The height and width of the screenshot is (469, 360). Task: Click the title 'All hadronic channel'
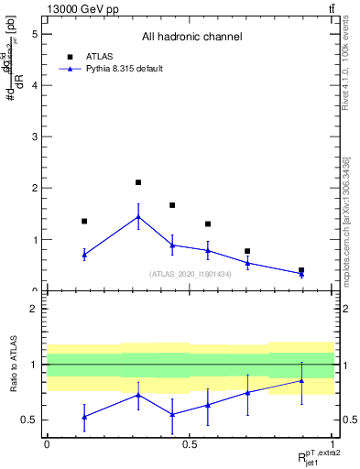coord(191,38)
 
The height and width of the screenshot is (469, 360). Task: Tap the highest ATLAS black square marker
coord(138,182)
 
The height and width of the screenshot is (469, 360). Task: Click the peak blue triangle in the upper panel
coord(138,217)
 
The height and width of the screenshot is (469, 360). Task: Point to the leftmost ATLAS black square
coord(84,221)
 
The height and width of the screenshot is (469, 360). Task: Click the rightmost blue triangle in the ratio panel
coord(301,380)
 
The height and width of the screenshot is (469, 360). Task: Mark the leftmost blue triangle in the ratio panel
coord(84,417)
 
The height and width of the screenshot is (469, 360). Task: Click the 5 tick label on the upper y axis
coord(34,34)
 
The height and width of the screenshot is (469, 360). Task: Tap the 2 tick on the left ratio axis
coord(34,309)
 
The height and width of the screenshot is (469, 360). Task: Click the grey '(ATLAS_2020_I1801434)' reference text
coord(190,274)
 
